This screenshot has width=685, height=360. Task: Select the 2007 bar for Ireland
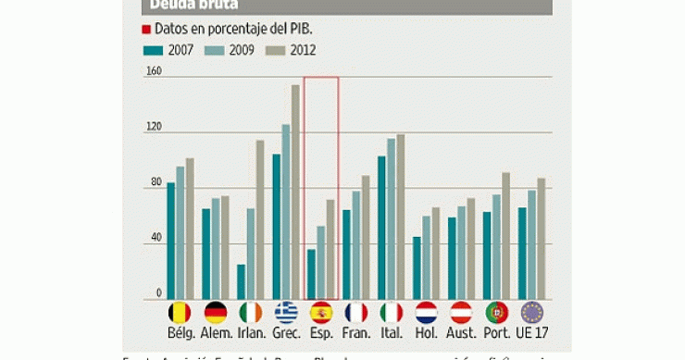tap(242, 282)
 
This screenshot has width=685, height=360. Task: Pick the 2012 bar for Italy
tap(401, 217)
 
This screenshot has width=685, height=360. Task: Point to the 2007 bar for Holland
tap(417, 268)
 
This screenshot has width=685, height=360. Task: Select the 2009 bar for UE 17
tap(532, 245)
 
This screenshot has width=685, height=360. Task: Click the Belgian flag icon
tap(181, 313)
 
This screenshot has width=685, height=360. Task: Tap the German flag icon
tap(216, 313)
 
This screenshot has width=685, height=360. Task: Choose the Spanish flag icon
tap(321, 313)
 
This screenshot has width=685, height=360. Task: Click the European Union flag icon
tap(532, 313)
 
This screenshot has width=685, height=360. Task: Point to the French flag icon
tap(356, 313)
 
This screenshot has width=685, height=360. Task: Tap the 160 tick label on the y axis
tap(154, 71)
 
